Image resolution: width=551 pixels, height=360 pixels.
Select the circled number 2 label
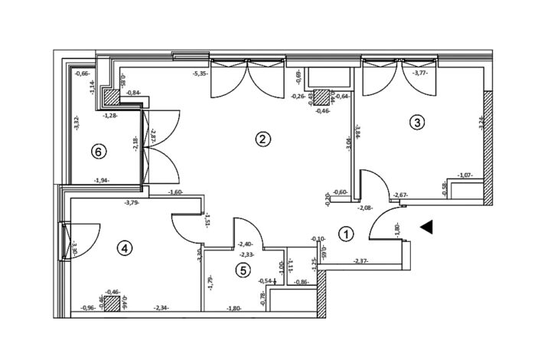(262, 139)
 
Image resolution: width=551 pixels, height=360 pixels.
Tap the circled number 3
(416, 122)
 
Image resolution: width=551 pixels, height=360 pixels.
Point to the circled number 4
(125, 247)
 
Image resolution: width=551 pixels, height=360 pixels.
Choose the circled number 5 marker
(243, 270)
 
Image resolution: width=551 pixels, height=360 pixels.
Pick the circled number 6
(97, 152)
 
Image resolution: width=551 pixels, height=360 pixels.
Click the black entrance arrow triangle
(428, 226)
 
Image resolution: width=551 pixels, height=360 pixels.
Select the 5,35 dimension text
(201, 74)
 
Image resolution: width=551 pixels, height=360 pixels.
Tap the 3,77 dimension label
(420, 74)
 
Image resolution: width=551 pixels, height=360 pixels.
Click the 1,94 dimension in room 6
(101, 181)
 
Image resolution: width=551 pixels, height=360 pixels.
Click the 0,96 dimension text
(90, 309)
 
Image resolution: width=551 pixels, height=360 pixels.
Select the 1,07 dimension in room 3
(465, 175)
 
